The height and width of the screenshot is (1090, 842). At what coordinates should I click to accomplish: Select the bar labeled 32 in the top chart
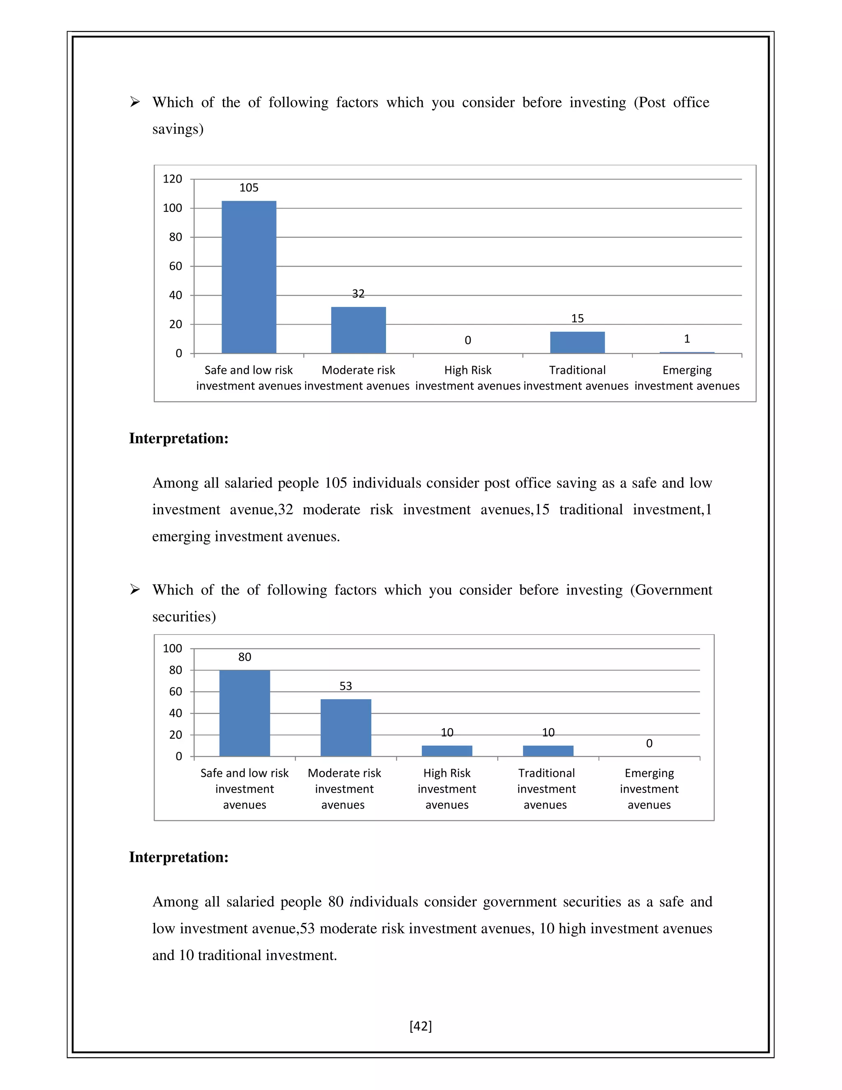click(358, 330)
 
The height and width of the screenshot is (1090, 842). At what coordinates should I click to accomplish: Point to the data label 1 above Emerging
click(687, 339)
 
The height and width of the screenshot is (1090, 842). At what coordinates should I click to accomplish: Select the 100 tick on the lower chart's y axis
click(173, 648)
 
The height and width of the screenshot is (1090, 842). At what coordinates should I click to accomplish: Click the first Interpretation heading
click(178, 438)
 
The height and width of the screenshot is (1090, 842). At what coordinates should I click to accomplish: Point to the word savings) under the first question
click(178, 129)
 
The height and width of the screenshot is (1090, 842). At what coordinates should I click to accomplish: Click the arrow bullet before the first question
click(135, 102)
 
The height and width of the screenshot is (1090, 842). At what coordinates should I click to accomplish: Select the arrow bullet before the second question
click(135, 589)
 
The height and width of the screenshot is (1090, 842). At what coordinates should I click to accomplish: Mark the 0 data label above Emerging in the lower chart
click(649, 743)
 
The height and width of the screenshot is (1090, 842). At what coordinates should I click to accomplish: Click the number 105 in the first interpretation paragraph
click(336, 483)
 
